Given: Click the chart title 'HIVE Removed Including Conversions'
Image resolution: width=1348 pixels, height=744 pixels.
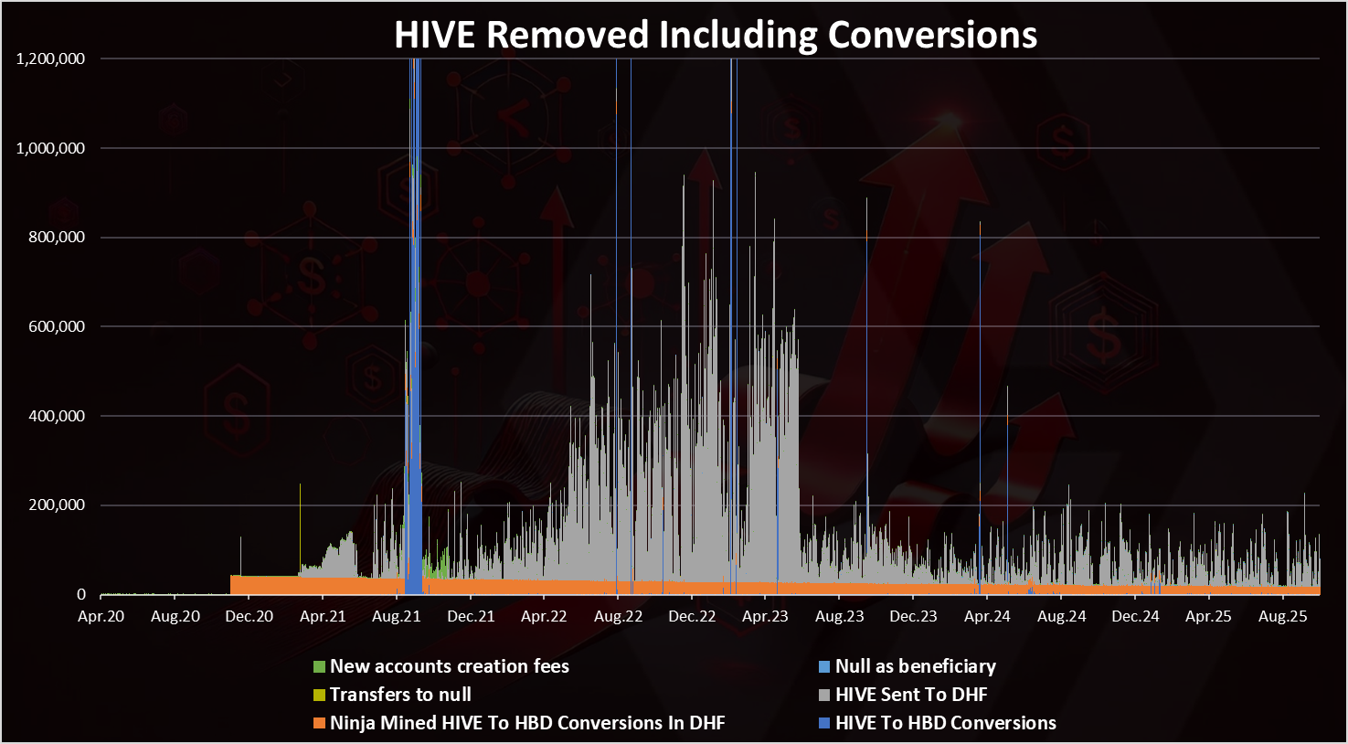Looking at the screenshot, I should tap(716, 35).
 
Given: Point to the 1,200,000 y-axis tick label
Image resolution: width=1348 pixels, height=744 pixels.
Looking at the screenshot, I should tap(51, 58).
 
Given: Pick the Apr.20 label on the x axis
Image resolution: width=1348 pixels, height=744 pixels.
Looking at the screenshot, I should tap(101, 616).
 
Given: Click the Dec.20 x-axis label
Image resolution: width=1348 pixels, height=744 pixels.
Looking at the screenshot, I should tap(249, 616).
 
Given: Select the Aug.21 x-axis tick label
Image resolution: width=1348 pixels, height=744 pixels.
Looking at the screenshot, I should tap(397, 616).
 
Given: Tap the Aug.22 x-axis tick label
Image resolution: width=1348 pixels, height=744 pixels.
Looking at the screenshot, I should tap(618, 616).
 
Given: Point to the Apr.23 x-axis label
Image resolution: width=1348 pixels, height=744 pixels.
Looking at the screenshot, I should tap(766, 616).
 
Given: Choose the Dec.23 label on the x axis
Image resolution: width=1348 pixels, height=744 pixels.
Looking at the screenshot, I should tap(913, 616).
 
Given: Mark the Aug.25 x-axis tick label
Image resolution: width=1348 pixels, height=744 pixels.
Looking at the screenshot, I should tap(1283, 616).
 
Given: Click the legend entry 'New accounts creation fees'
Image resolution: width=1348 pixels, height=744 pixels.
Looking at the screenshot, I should tap(449, 666).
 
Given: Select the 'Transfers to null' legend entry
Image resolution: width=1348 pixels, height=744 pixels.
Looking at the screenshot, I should tap(400, 695).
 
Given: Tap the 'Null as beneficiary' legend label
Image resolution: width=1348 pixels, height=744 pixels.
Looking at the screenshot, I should tap(915, 666).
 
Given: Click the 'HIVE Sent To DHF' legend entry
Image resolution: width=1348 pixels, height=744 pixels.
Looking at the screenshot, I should tap(911, 695).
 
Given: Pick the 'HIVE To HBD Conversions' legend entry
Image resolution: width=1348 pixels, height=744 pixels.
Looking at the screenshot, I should tap(945, 723).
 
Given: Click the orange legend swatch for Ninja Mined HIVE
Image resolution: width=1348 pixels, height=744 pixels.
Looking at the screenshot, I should tap(319, 723).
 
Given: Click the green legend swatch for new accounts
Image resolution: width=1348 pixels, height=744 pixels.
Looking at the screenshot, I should tap(319, 666).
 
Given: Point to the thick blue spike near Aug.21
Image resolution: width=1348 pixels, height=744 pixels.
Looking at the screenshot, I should tap(415, 320).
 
